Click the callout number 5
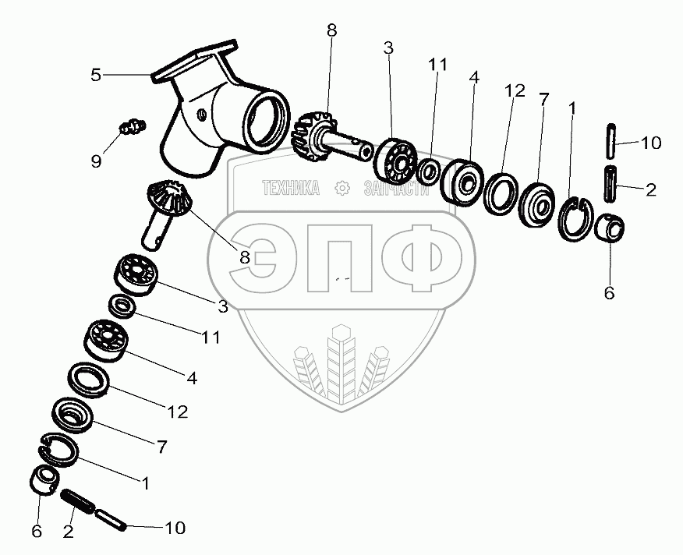[96, 75]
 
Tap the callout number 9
[96, 161]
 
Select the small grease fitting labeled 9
[133, 127]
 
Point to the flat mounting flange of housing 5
[195, 61]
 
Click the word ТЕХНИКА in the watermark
[291, 188]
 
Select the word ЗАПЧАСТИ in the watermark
[396, 188]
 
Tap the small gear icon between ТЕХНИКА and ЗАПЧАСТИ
[342, 188]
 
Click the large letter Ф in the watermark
[431, 258]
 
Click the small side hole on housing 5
[201, 115]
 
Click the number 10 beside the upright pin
[651, 143]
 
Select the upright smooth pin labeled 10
[610, 141]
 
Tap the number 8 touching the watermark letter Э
[246, 257]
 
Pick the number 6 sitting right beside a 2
[37, 531]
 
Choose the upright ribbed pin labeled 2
[610, 183]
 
